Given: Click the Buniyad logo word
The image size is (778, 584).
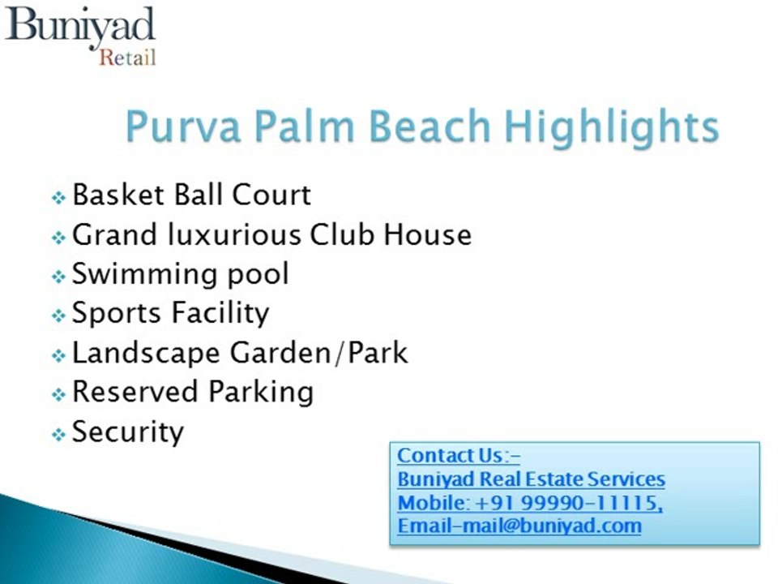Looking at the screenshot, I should (79, 26).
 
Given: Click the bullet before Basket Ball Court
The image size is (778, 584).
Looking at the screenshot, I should (58, 198).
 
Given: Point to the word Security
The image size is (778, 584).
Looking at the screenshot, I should (128, 432).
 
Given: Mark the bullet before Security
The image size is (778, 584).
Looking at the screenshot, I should (58, 435).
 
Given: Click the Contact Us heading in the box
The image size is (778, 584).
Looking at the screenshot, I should (459, 456).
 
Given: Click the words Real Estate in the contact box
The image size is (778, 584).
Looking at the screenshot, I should (536, 479).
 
